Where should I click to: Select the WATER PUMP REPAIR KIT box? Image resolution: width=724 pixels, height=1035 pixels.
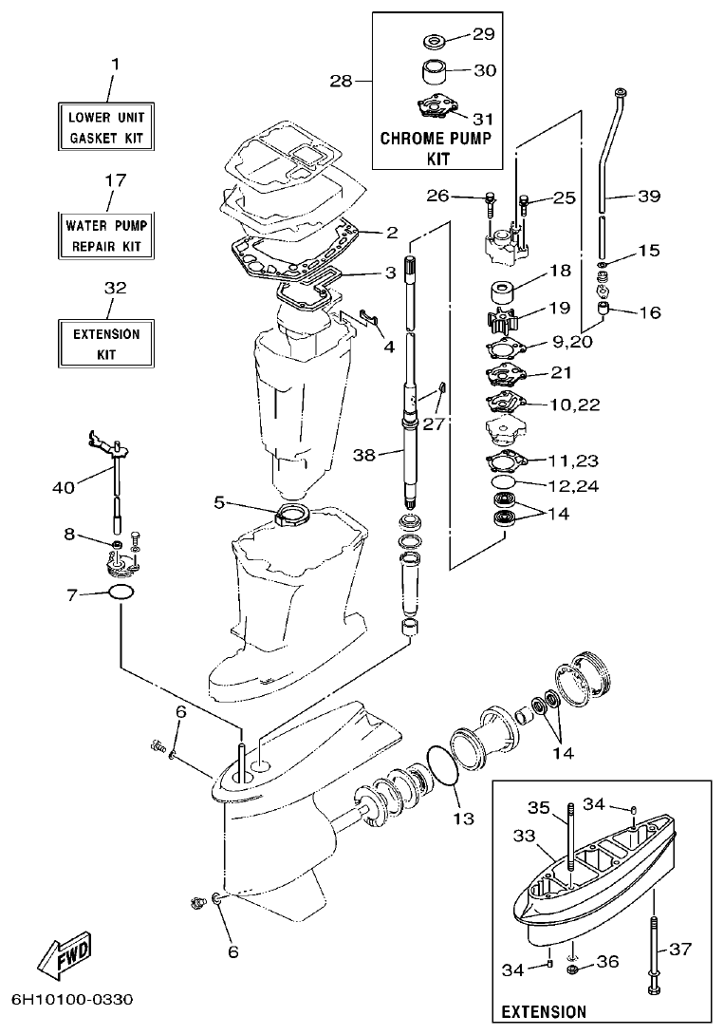click(x=109, y=236)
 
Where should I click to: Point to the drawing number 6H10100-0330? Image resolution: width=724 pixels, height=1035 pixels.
click(x=73, y=1000)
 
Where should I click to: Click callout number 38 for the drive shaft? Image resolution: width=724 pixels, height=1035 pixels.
click(x=366, y=455)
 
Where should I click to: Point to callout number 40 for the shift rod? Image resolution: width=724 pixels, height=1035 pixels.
click(x=62, y=488)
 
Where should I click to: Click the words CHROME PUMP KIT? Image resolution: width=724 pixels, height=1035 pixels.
click(x=436, y=147)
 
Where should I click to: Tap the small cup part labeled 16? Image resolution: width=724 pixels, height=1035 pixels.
click(x=603, y=310)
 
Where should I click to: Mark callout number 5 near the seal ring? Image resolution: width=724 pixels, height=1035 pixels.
click(x=219, y=501)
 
